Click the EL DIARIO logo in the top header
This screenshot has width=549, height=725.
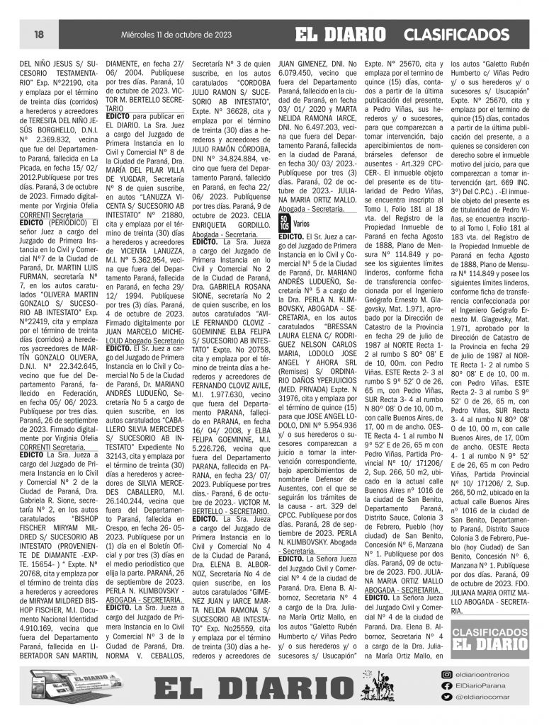(341, 34)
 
